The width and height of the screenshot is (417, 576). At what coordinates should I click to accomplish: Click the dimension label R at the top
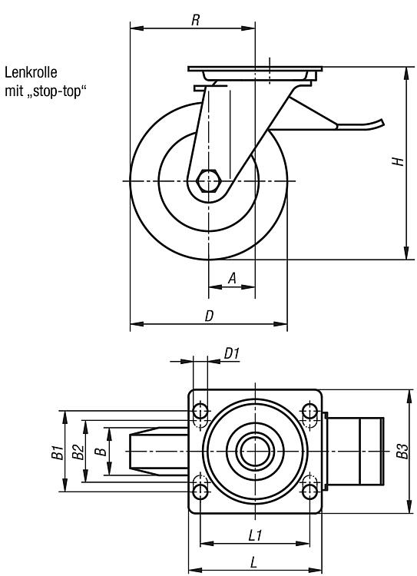pyautogui.click(x=196, y=20)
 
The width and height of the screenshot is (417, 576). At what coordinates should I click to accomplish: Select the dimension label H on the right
pyautogui.click(x=398, y=161)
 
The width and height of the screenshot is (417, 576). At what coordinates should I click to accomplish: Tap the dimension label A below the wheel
pyautogui.click(x=232, y=279)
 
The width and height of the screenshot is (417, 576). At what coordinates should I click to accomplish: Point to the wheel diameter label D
pyautogui.click(x=209, y=316)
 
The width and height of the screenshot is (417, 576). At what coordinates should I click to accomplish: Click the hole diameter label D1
pyautogui.click(x=232, y=354)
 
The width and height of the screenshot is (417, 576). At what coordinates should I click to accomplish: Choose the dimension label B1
pyautogui.click(x=57, y=452)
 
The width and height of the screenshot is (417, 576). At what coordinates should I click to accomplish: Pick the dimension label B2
pyautogui.click(x=78, y=452)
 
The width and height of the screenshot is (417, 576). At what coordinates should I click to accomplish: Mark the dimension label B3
pyautogui.click(x=402, y=451)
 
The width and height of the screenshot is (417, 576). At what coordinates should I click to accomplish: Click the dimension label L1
pyautogui.click(x=255, y=535)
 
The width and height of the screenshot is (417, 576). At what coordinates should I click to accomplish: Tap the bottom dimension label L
pyautogui.click(x=253, y=562)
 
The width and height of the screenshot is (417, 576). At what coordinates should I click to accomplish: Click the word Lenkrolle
pyautogui.click(x=31, y=72)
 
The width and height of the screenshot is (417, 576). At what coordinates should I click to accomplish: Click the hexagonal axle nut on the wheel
pyautogui.click(x=208, y=180)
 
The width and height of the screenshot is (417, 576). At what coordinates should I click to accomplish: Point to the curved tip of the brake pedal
pyautogui.click(x=382, y=122)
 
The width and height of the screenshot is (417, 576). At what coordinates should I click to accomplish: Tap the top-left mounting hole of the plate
pyautogui.click(x=200, y=411)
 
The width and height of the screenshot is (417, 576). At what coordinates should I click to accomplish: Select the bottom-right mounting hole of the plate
pyautogui.click(x=310, y=491)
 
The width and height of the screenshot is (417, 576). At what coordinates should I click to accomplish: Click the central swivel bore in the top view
pyautogui.click(x=255, y=451)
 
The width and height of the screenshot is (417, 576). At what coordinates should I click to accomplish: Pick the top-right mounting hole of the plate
pyautogui.click(x=310, y=411)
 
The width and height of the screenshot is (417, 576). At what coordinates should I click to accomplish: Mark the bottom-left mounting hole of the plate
pyautogui.click(x=200, y=491)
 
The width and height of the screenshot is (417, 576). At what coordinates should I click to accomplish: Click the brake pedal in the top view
pyautogui.click(x=355, y=451)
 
